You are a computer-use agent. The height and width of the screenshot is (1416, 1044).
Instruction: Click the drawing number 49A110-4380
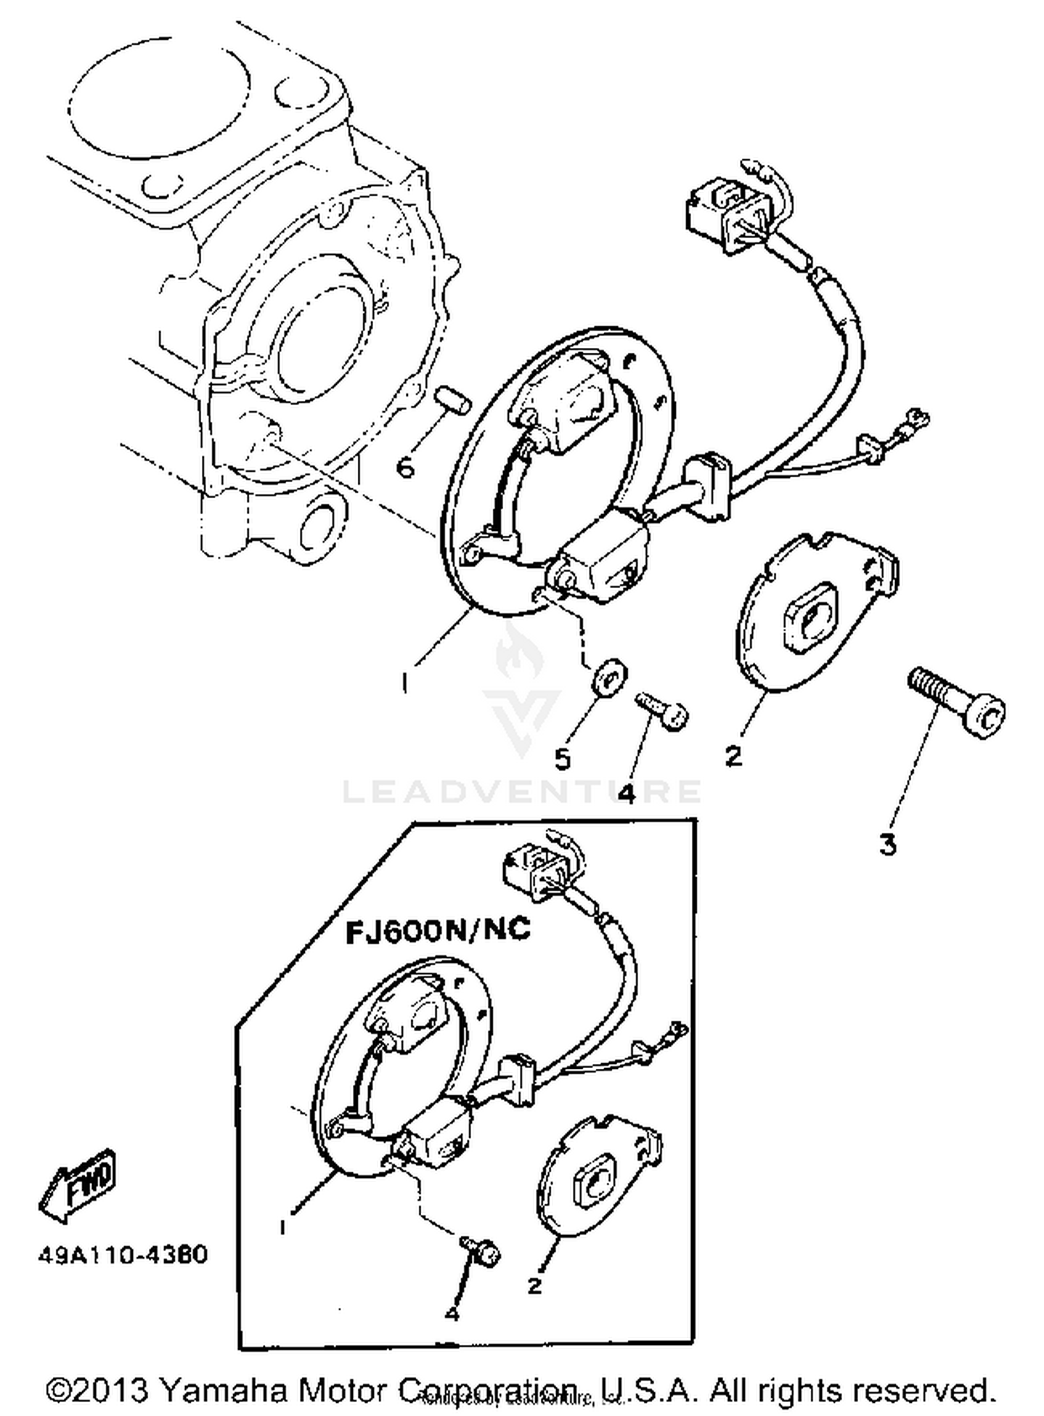point(122,1255)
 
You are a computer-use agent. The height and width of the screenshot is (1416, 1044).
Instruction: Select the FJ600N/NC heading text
point(438,931)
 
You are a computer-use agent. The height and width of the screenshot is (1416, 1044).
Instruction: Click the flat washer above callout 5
point(610,674)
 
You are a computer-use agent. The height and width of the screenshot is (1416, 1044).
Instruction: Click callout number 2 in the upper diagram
point(734,756)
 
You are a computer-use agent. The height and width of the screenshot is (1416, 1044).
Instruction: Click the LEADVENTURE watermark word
point(521,792)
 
